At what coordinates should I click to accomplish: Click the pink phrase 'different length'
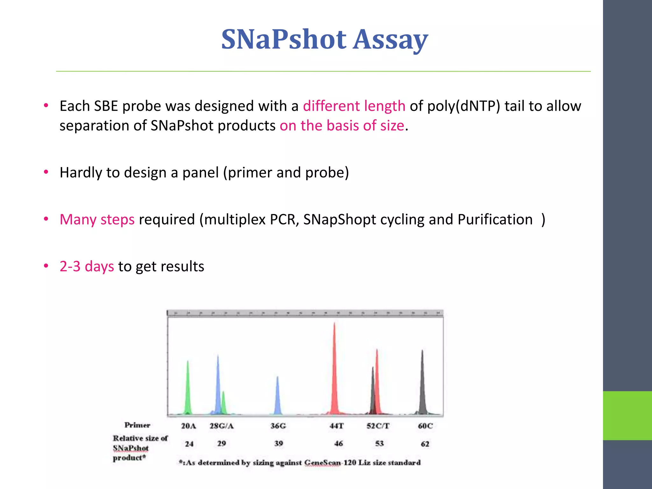[354, 106]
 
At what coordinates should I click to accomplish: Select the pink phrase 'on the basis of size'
[342, 125]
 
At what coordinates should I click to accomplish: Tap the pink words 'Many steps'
[97, 220]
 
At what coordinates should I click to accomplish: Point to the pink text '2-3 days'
[87, 266]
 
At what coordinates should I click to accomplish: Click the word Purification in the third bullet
[495, 220]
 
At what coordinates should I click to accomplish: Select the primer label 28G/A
[222, 426]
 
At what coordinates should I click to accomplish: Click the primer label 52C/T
[378, 426]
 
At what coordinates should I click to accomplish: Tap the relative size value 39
[279, 443]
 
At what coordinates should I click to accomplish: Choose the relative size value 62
[425, 444]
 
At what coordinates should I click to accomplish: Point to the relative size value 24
[189, 444]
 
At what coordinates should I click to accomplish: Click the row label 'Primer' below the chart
[137, 425]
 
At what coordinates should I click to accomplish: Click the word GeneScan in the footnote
[322, 463]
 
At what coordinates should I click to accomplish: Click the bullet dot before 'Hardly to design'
[46, 172]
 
